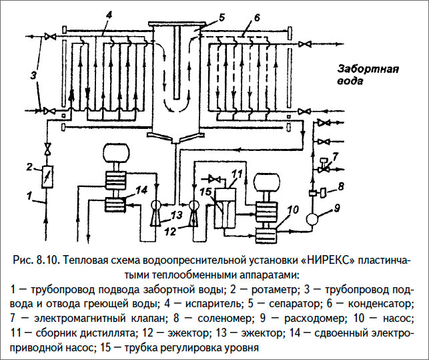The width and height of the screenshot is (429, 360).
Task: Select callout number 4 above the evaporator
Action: (x=109, y=15)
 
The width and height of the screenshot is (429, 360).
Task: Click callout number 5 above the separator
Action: (x=203, y=16)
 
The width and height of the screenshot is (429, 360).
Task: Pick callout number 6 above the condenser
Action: (x=248, y=17)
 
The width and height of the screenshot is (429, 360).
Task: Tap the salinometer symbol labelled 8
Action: (x=324, y=194)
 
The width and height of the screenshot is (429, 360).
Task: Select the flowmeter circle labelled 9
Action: (x=312, y=218)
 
